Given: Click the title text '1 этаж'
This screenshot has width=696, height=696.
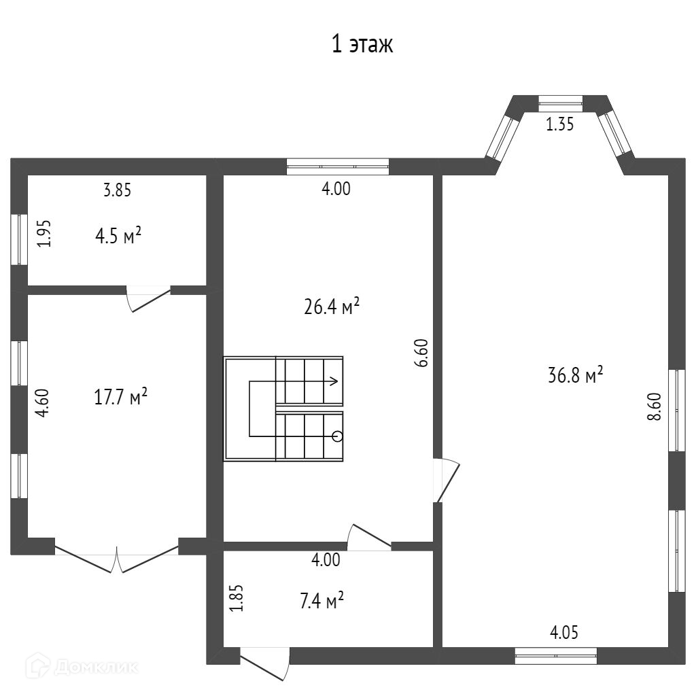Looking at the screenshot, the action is point(362,45).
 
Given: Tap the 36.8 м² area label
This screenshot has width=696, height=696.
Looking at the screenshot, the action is point(575,375).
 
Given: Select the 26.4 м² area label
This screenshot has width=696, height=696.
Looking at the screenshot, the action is point(332,307).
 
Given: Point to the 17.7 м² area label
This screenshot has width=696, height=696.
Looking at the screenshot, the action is point(121,396).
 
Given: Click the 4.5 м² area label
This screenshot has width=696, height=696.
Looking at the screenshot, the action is point(118,235).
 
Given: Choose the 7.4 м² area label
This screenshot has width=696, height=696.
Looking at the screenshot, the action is point(322,601).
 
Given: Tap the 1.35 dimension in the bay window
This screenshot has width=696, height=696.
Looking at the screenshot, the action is point(560,124).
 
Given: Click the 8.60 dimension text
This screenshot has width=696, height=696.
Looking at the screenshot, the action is point(655,406).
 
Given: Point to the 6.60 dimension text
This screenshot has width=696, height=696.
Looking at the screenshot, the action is point(421,353).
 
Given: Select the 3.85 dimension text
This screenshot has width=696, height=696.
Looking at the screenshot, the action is point(117,190).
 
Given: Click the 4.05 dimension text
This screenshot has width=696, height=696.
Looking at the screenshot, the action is point(563,632).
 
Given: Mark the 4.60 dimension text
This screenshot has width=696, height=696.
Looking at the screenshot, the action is point(43,402).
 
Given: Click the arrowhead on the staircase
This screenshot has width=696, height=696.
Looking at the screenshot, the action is point(334,381).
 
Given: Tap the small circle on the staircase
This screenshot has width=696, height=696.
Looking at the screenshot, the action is point(337,437).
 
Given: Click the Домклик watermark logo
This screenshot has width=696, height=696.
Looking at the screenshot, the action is point(82,666).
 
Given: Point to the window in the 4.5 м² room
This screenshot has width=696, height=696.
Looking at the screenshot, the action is point(19,240).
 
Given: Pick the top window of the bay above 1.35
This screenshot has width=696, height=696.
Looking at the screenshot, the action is point(560,103).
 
